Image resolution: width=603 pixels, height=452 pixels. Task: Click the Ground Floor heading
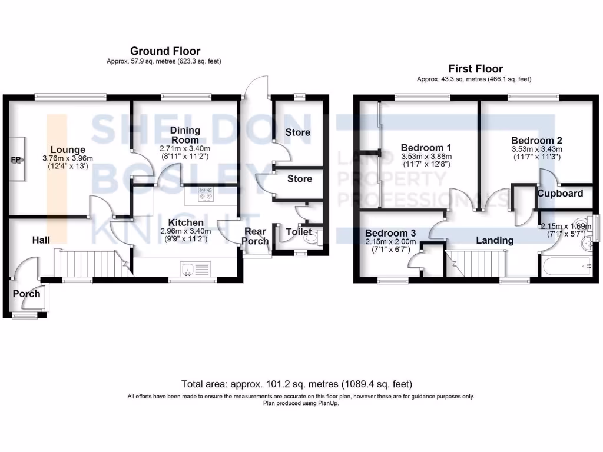(x=165, y=51)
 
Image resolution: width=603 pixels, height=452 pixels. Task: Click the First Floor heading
(x=475, y=69)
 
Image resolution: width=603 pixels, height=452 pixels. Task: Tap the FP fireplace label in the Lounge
(x=16, y=159)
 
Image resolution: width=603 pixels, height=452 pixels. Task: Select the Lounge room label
(x=67, y=150)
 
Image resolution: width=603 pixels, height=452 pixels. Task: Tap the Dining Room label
(x=185, y=135)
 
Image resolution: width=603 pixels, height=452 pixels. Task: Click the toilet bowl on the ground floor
(x=319, y=237)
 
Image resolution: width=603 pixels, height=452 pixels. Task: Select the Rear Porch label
(x=256, y=236)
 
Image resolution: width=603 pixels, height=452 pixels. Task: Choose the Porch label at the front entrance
(x=26, y=294)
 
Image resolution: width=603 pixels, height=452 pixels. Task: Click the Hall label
(x=41, y=240)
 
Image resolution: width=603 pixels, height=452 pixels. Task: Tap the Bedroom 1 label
(x=426, y=147)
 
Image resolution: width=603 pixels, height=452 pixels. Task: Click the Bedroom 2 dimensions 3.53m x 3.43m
(x=536, y=149)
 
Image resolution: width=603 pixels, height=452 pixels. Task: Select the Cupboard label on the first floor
(x=560, y=193)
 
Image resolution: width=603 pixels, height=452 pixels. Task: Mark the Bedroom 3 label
(x=390, y=232)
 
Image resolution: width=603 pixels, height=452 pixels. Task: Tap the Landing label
(x=495, y=240)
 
